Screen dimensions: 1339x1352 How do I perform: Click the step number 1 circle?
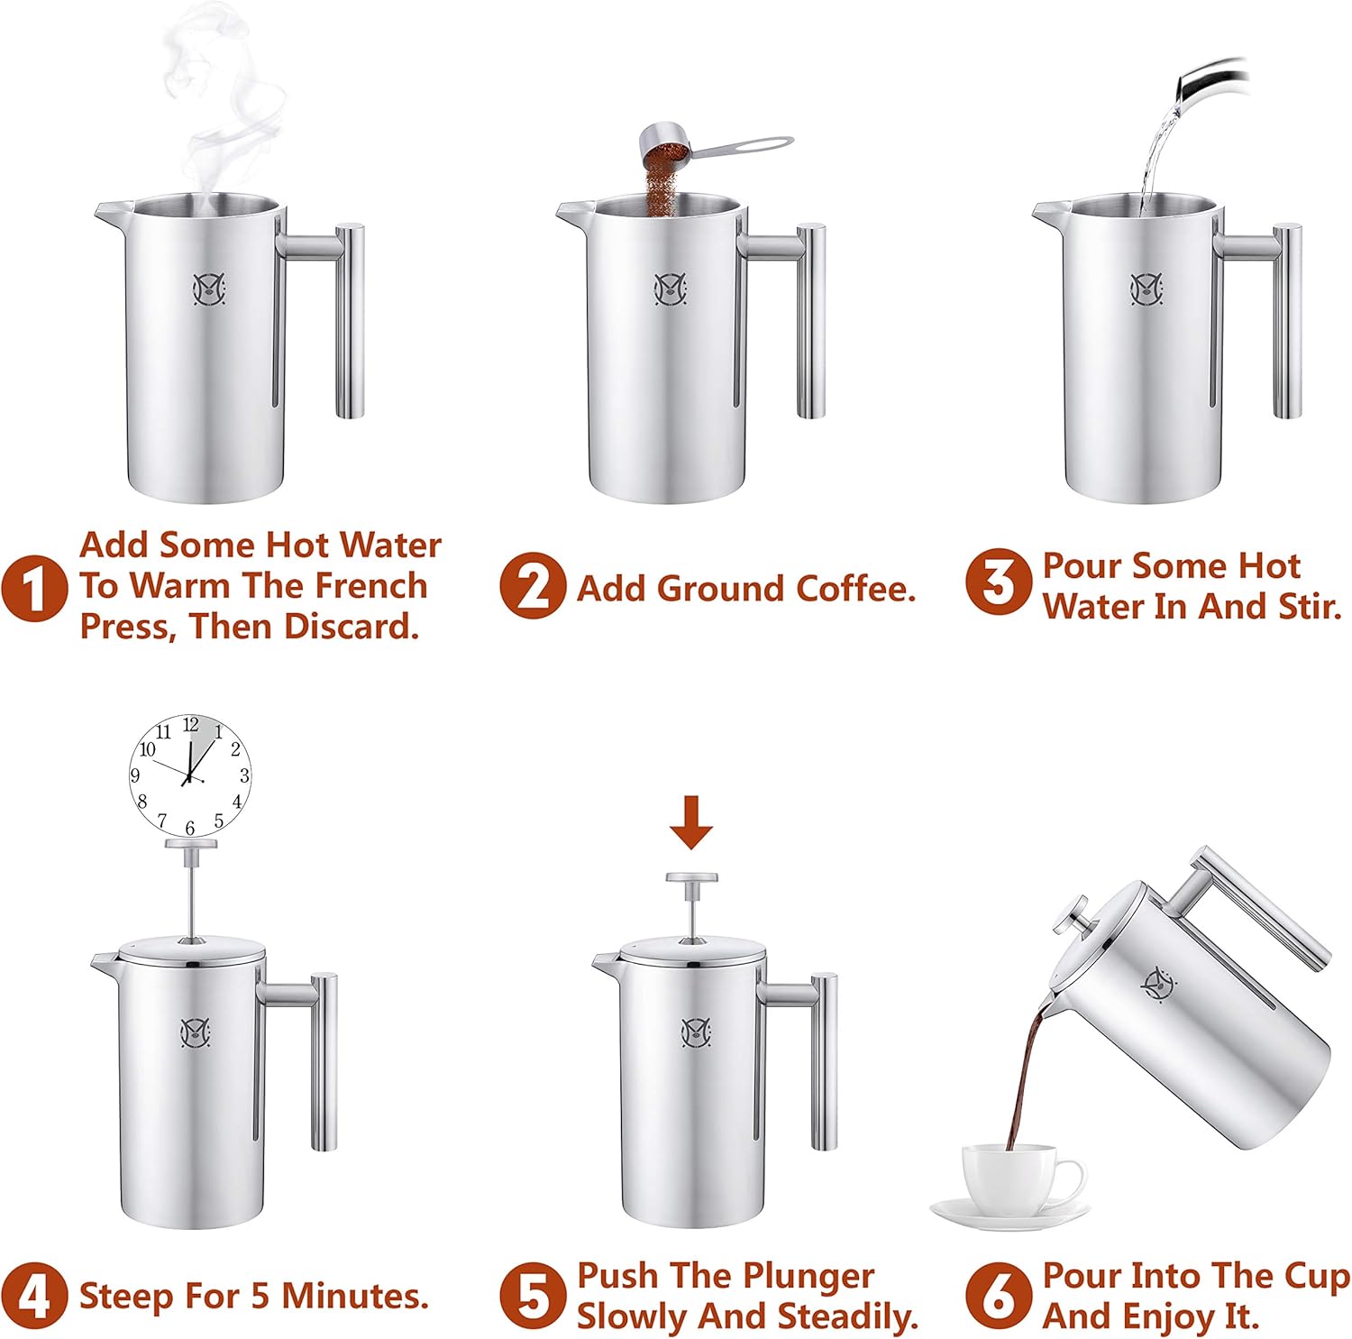coord(33,588)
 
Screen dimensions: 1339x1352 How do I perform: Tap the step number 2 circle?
coord(533,586)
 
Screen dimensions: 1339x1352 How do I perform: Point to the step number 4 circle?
coord(33,1296)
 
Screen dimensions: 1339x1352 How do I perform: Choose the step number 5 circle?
coord(533,1296)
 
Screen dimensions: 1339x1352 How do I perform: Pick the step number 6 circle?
coord(998,1296)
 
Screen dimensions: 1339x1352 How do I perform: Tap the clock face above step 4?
coord(189,775)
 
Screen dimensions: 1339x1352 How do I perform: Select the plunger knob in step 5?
coord(691,878)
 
